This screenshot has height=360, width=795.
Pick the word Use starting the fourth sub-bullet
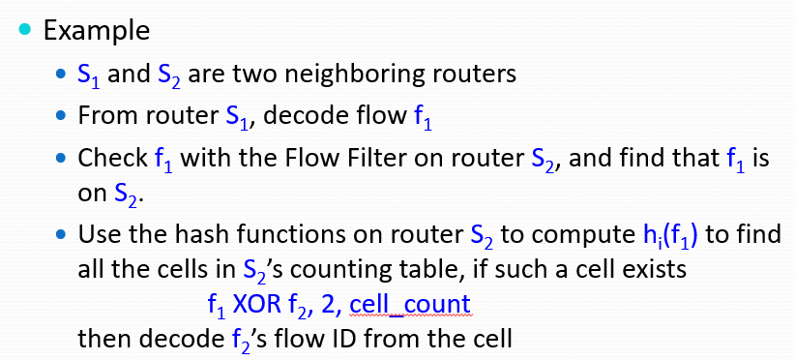pos(99,234)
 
